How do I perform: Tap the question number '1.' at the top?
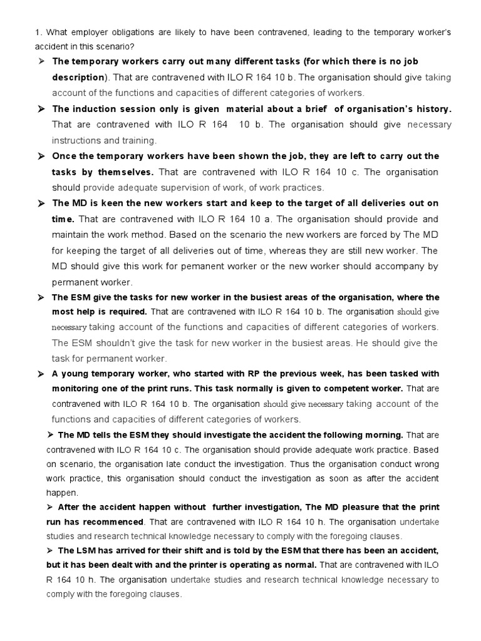[38, 32]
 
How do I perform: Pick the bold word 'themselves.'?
[125, 172]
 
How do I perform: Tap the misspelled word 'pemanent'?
[175, 266]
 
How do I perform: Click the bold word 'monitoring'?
[78, 388]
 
